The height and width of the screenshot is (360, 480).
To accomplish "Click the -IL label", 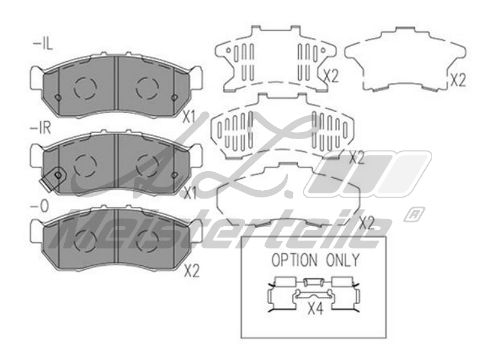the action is click(42, 45).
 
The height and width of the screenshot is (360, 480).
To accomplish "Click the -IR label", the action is click(43, 128).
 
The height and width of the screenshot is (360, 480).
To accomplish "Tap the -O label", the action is click(40, 206).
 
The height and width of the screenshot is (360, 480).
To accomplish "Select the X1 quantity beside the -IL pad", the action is click(190, 118).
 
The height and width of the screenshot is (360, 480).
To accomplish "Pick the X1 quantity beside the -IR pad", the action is click(190, 193).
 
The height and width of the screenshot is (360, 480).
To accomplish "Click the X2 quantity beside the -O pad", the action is click(191, 271).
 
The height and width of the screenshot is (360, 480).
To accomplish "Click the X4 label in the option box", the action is click(315, 310).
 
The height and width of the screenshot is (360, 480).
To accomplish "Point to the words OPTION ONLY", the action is click(315, 260).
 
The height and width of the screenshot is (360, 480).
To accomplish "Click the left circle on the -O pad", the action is click(85, 241).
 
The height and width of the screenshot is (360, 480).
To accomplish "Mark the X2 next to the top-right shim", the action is click(458, 80).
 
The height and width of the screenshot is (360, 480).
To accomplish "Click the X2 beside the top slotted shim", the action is click(331, 76).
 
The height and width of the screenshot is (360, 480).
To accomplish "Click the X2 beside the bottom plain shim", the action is click(367, 223).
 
